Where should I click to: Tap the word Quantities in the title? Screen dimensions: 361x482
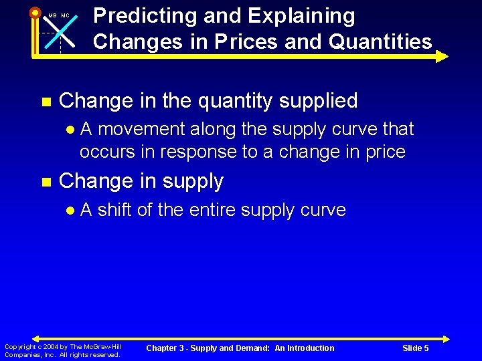click(x=378, y=42)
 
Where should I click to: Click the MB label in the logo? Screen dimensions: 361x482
click(x=52, y=15)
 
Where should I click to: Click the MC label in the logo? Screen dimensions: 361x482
click(x=66, y=15)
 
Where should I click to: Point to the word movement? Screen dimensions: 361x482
click(x=137, y=129)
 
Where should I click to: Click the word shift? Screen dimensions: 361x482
click(x=115, y=210)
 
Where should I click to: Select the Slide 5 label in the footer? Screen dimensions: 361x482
click(x=416, y=348)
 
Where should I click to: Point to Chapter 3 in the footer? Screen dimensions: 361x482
click(x=165, y=348)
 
